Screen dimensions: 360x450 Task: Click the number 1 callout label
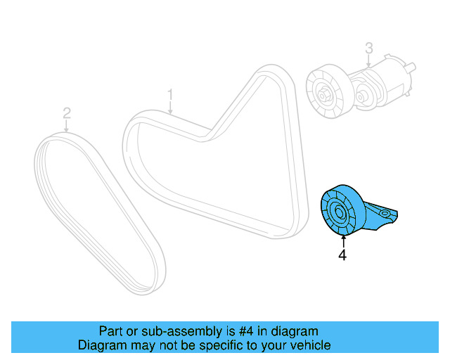[169, 94]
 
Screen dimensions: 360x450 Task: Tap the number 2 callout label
[67, 113]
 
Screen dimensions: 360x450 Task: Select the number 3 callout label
[368, 49]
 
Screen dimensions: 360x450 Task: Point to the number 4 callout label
[342, 256]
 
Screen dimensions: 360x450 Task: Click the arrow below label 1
[169, 107]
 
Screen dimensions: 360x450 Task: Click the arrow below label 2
[67, 127]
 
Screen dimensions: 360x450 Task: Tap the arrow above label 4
[342, 241]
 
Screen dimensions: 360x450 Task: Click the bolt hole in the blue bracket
[384, 211]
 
